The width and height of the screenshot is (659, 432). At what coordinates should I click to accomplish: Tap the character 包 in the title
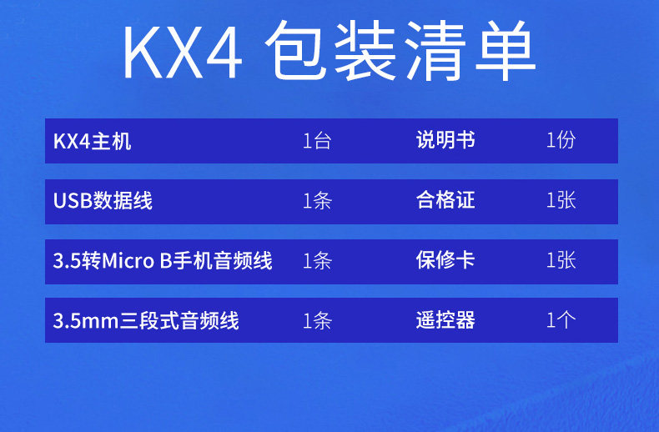296,50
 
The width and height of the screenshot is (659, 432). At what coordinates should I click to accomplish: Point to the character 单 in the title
506,50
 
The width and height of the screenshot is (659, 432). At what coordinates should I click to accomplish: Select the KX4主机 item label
93,141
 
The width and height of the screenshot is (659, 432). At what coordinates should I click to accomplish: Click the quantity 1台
317,141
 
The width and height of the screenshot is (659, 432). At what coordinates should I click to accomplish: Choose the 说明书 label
445,140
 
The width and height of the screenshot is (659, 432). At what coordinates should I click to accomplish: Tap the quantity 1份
561,140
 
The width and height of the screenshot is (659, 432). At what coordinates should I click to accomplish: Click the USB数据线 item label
103,200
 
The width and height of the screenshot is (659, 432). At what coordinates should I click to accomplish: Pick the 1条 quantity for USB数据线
317,200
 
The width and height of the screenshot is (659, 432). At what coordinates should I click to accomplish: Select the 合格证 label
445,200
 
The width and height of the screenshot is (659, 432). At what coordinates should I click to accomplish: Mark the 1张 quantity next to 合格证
561,200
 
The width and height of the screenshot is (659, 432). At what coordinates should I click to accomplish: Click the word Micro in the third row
128,261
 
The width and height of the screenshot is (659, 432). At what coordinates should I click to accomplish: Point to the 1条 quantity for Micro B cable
317,260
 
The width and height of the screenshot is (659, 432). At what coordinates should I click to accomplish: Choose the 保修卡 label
445,259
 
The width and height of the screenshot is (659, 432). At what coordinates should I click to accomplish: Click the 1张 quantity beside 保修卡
561,260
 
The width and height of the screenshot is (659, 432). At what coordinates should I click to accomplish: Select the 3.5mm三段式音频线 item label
146,320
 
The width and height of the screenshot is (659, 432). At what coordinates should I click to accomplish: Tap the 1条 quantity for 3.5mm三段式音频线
317,320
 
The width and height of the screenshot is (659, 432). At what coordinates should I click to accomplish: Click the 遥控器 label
445,320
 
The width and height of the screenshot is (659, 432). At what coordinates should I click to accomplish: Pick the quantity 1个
561,320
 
